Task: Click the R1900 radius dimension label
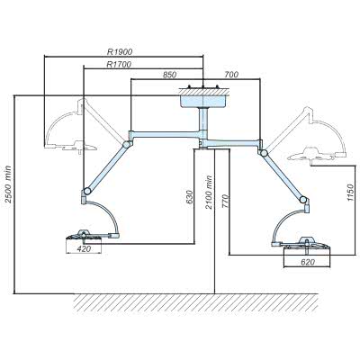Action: tap(120, 51)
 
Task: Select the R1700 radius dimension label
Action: tap(119, 64)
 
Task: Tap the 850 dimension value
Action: tap(169, 75)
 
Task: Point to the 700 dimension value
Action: tap(231, 75)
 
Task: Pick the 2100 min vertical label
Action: tap(209, 193)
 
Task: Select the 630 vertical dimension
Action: tap(189, 197)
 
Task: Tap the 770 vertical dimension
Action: tap(226, 202)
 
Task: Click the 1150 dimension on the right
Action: tap(350, 193)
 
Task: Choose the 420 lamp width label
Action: tap(84, 248)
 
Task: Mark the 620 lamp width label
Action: tap(308, 262)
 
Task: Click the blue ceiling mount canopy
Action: tap(203, 101)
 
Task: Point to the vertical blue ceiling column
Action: tap(204, 119)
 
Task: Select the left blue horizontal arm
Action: tap(165, 134)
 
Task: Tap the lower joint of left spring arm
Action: tap(87, 191)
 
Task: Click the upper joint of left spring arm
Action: tap(127, 144)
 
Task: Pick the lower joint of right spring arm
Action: tap(303, 199)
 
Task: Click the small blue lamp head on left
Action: tap(84, 236)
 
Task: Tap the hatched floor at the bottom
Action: tap(196, 302)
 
